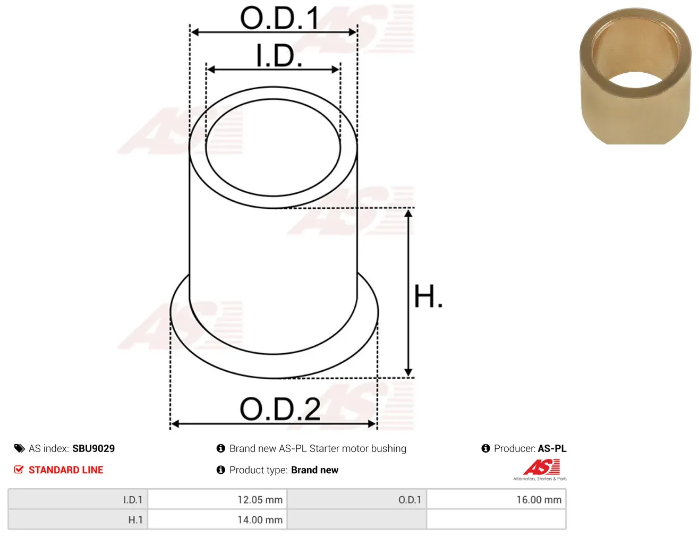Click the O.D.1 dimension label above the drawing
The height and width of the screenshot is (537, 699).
pos(279,18)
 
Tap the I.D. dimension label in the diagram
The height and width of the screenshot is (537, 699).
pos(279,56)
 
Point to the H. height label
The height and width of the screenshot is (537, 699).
pos(428,296)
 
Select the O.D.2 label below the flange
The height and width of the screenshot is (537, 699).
pos(280,409)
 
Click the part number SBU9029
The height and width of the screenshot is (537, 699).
pos(93,448)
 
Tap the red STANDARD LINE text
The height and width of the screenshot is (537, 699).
pos(66,470)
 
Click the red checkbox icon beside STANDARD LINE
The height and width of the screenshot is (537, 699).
pos(19,470)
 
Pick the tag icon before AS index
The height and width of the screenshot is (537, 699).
pos(19,448)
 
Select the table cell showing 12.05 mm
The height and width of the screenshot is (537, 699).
pos(217,500)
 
